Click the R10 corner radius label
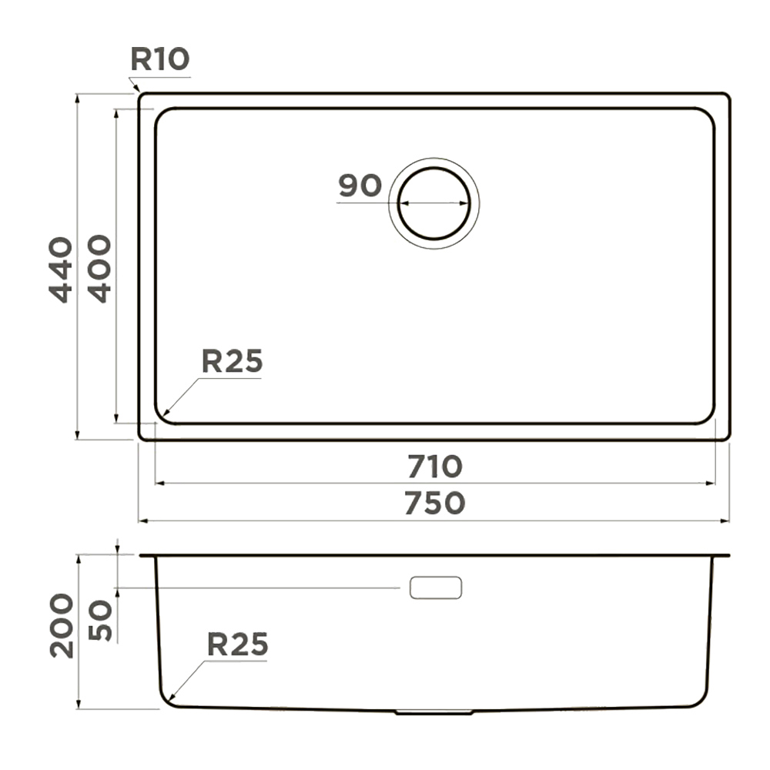159,59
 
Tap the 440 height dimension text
61,269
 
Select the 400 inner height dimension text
99,269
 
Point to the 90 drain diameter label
360,185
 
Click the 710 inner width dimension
435,467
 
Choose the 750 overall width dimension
434,503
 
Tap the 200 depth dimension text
62,625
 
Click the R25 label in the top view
233,361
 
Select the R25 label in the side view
238,644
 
